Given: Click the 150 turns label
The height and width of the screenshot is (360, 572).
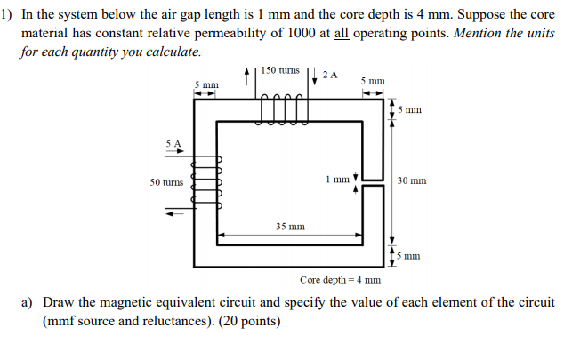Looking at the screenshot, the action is [x=280, y=69].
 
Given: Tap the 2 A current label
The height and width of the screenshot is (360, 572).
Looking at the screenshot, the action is [x=330, y=75].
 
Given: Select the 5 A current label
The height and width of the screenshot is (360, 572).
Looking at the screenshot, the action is [x=173, y=142].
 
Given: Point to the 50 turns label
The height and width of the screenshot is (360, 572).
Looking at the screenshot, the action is [x=166, y=181].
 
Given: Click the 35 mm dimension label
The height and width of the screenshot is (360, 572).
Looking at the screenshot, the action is [x=290, y=226].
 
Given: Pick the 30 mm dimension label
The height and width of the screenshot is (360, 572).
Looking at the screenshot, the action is [x=412, y=180].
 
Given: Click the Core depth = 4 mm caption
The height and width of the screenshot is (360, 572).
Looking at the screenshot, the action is [x=340, y=279].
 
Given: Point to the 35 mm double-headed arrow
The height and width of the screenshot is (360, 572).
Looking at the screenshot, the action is [x=290, y=236].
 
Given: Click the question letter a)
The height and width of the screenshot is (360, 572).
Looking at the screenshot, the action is [x=29, y=302].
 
